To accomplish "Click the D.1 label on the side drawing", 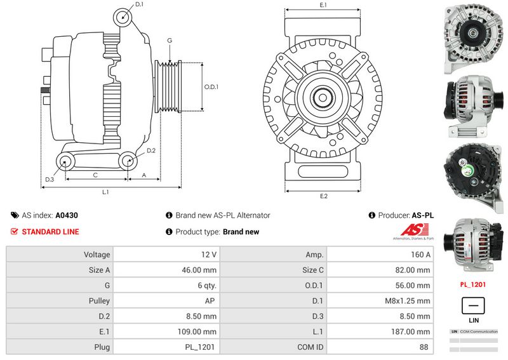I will (139, 4).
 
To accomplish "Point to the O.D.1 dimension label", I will (211, 87).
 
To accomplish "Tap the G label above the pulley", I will (170, 41).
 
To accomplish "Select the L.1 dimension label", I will (106, 191).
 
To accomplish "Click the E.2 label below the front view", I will (323, 196).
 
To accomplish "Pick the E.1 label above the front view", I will (323, 5).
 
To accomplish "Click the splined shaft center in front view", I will (323, 98).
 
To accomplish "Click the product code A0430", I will (67, 215).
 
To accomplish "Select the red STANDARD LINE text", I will (50, 232).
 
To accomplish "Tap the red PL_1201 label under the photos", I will (473, 284).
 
